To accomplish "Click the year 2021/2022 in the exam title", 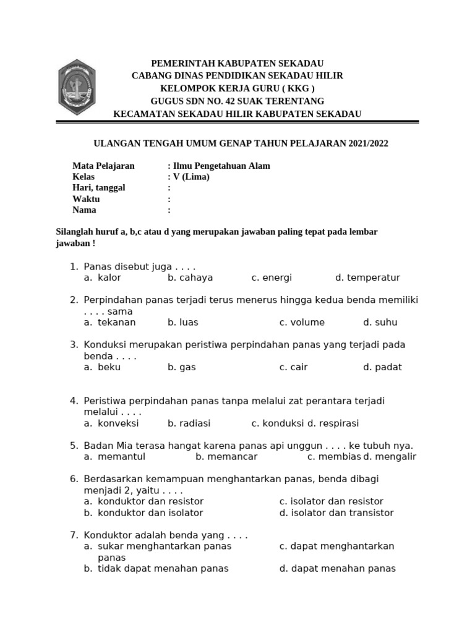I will (368, 143).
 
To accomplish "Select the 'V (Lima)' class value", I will (191, 177).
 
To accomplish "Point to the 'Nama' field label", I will (85, 210).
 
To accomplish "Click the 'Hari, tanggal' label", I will (99, 188).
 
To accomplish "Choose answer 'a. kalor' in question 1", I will (103, 278).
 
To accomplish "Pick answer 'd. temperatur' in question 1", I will (367, 278).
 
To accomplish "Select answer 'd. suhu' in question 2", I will (380, 322).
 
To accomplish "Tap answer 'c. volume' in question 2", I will (302, 322).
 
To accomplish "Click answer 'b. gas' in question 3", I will (181, 367).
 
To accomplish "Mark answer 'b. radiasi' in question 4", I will (189, 423).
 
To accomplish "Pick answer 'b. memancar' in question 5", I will (226, 456).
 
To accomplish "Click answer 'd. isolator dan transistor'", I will (336, 512).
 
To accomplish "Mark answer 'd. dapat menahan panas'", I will (337, 568).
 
